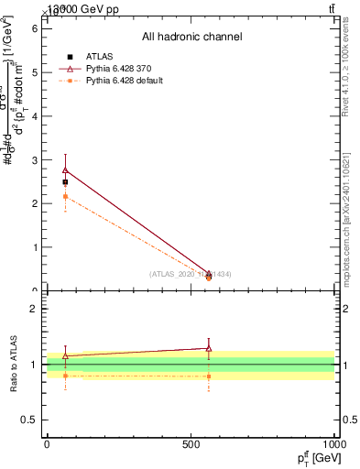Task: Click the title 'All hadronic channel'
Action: tap(191, 38)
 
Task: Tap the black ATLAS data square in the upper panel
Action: tap(65, 182)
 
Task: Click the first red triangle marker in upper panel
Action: tap(65, 169)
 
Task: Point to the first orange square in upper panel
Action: tap(65, 196)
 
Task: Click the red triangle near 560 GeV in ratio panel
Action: tap(209, 348)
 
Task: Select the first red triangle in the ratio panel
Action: tap(65, 355)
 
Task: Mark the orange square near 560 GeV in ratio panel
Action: tap(209, 376)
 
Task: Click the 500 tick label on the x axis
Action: tap(191, 444)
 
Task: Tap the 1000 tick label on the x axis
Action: tap(335, 444)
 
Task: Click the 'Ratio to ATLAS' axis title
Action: tap(14, 364)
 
